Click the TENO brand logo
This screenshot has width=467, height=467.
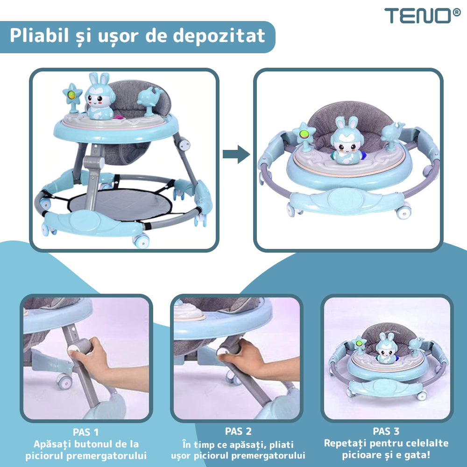(422, 15)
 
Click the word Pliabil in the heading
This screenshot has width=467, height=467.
(39, 35)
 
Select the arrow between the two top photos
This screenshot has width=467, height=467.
(236, 154)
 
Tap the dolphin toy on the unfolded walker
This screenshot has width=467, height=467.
(149, 101)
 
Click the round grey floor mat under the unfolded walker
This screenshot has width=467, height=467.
(120, 204)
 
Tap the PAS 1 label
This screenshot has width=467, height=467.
(85, 432)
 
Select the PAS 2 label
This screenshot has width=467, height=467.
(238, 431)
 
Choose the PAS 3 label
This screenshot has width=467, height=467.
(386, 431)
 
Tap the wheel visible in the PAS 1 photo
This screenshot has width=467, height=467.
(64, 381)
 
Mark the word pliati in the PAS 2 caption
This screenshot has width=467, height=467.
(282, 445)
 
